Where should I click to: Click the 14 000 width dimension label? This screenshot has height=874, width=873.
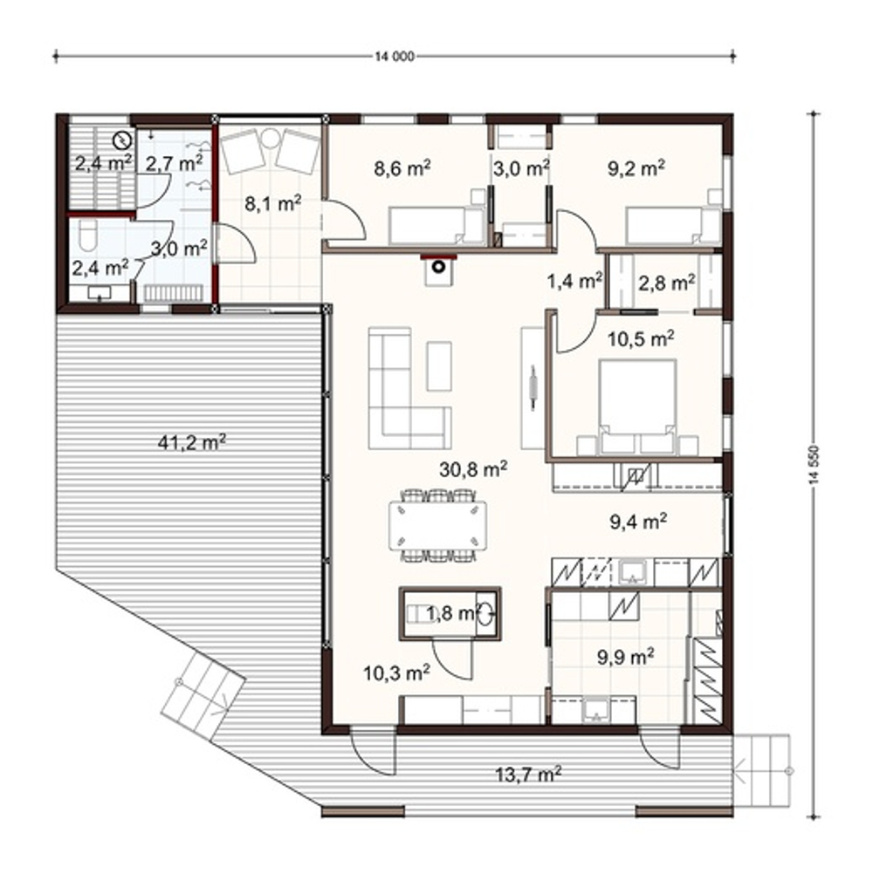[x=395, y=57]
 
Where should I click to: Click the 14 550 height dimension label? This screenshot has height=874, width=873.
[x=815, y=466]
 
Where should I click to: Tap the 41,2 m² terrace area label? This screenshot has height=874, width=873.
[x=192, y=442]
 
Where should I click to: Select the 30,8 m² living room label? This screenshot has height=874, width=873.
[x=473, y=469]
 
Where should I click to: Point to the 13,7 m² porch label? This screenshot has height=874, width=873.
[x=528, y=774]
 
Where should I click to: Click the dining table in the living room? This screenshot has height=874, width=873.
[x=438, y=525]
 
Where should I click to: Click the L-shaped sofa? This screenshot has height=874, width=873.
[x=402, y=401]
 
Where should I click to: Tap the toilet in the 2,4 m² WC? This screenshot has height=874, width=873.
[x=88, y=236]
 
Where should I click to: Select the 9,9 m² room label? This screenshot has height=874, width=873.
[x=626, y=657]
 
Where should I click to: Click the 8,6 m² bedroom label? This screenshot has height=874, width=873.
[x=402, y=167]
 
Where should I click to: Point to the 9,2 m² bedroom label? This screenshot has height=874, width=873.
[x=636, y=167]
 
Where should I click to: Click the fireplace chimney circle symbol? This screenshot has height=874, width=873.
[x=439, y=266]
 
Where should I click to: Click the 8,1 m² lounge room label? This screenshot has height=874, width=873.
[x=273, y=203]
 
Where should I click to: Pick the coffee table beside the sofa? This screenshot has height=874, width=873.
[x=439, y=366]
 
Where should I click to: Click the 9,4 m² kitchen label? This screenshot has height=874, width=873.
[x=639, y=522]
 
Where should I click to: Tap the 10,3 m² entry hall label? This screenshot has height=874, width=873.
[x=396, y=673]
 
